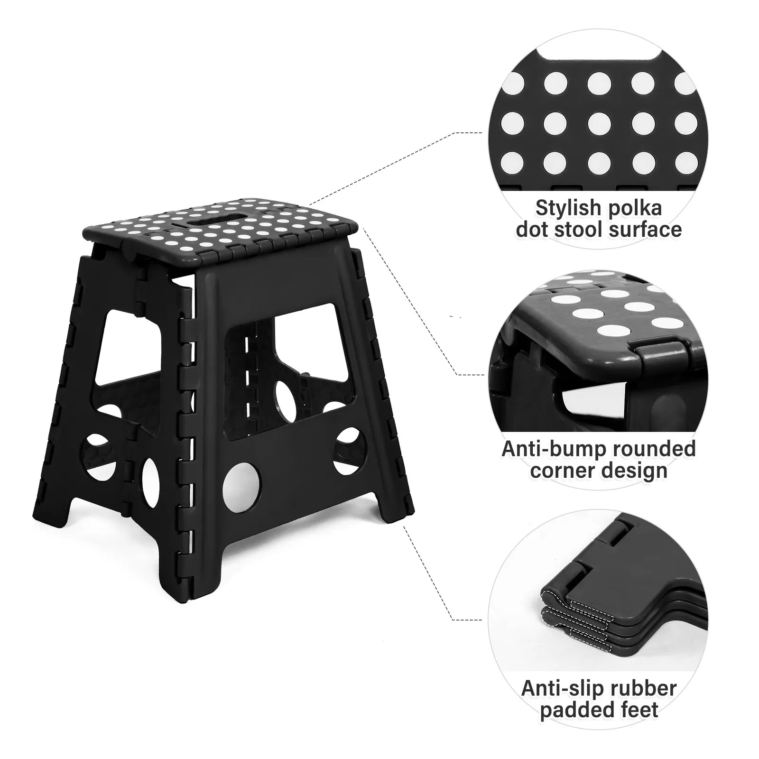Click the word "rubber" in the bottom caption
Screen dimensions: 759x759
pos(647,688)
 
